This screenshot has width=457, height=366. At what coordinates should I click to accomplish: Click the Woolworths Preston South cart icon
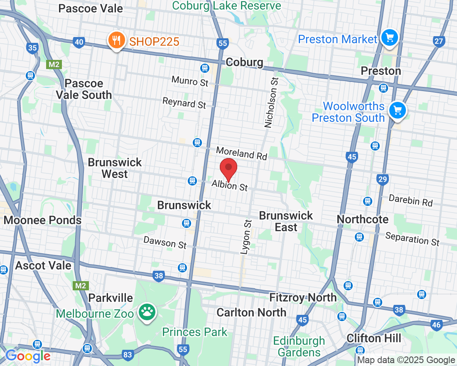pos(398,110)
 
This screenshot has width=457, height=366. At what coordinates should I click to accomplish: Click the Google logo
pos(28,356)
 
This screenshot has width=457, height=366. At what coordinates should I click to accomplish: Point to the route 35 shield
pos(32,48)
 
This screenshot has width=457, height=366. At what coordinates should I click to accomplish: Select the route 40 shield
pos(79,42)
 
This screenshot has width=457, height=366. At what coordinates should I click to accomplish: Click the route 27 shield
pos(438,41)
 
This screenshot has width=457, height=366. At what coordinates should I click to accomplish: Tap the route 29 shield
pos(383,179)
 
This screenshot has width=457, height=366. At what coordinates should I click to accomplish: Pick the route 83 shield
pos(128,355)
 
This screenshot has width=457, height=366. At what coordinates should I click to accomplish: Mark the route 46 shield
pos(437,325)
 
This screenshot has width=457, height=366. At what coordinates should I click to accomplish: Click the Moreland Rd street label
pos(241,153)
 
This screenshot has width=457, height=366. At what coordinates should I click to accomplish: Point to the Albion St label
pos(229,185)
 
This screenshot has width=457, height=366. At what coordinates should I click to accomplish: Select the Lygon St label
pos(246,237)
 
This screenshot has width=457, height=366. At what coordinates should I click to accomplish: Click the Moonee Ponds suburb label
pos(42,220)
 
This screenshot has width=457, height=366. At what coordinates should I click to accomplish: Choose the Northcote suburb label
pos(363,219)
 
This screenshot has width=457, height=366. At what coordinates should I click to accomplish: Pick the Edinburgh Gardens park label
pos(299,346)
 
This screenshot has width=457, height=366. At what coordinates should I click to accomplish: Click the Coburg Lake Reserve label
pos(226,6)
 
